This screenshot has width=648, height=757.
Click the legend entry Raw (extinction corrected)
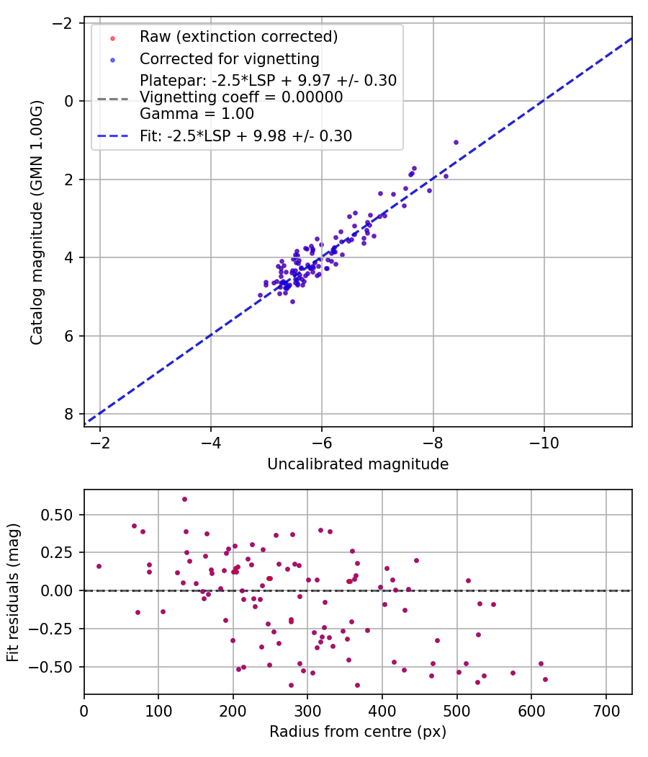pos(238,37)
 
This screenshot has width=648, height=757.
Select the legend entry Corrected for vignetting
pos(229,58)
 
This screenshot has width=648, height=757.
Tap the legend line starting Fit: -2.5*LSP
pos(246,136)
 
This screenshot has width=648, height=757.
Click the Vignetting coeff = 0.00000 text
pos(241,97)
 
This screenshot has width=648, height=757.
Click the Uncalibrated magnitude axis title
pos(358,464)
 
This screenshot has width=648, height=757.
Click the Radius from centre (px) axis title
pos(358,732)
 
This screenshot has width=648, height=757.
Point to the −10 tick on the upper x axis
pos(544,441)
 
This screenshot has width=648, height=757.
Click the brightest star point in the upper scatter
pos(456,142)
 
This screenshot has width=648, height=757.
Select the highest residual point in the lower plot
pos(184,499)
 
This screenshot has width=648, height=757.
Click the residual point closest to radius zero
pos(99,566)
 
